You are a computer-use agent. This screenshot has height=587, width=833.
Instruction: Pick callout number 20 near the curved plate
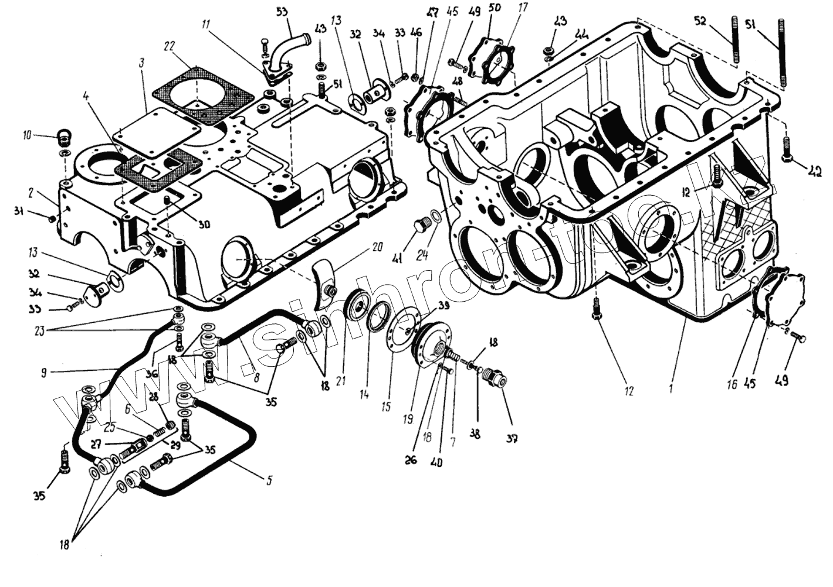pyautogui.click(x=360, y=247)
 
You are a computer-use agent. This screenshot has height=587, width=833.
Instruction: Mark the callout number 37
pyautogui.click(x=511, y=438)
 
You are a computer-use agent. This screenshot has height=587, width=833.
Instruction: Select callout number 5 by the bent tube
pyautogui.click(x=269, y=480)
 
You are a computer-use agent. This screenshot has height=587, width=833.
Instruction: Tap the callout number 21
pyautogui.click(x=341, y=382)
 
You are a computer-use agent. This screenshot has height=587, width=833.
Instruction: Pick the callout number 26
pyautogui.click(x=411, y=460)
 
